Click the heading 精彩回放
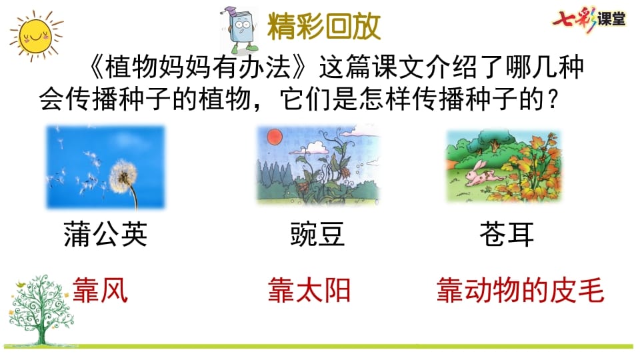324,27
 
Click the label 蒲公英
105,234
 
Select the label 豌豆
317,234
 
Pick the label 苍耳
507,234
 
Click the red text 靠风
99,291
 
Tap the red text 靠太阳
309,291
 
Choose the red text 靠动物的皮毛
520,291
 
